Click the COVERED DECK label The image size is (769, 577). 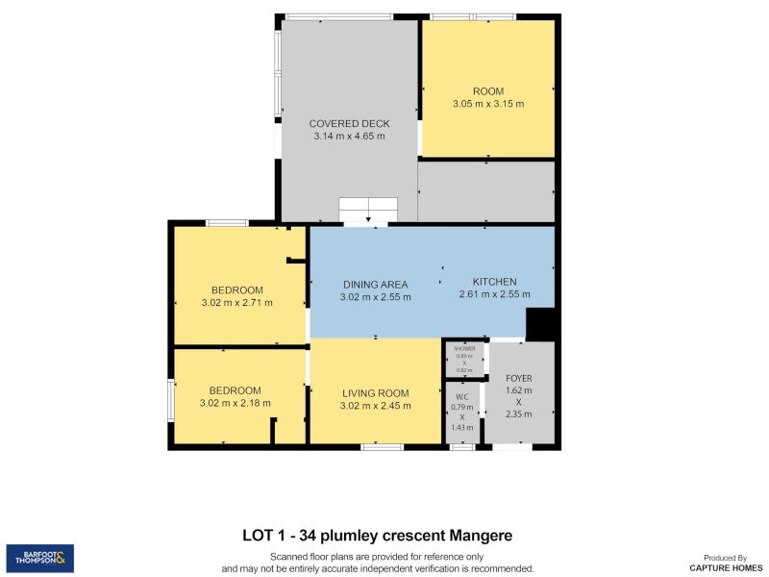tap(349, 123)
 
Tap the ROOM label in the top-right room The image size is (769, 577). tap(488, 91)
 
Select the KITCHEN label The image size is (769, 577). tap(494, 282)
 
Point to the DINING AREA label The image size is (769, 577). tap(376, 284)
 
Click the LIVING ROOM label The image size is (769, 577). tap(376, 392)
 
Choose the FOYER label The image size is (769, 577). tap(519, 378)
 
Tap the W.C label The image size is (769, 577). tap(461, 396)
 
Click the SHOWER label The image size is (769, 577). tap(465, 348)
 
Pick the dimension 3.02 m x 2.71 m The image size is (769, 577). tap(237, 303)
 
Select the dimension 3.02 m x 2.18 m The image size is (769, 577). tap(236, 403)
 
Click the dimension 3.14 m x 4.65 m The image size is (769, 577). tap(349, 137)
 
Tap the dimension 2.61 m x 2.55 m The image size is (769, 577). tap(494, 294)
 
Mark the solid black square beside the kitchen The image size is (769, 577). tap(541, 324)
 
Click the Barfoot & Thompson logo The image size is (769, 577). tap(40, 558)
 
